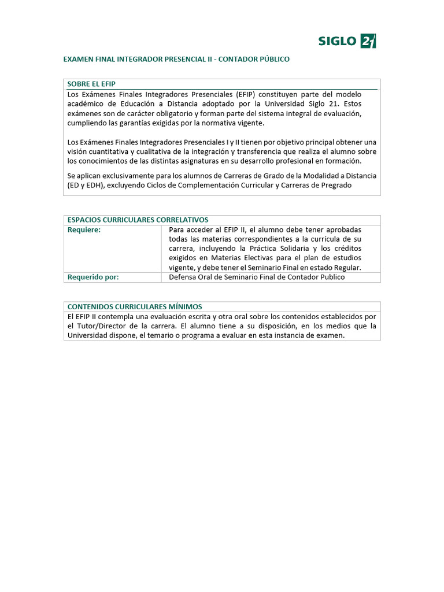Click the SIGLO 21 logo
(x=347, y=41)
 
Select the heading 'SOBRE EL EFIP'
(x=91, y=84)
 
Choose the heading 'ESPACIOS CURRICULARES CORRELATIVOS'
(x=138, y=220)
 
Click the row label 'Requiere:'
(x=84, y=230)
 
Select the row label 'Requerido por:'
(x=93, y=277)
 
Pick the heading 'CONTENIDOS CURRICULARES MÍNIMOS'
(x=135, y=306)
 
